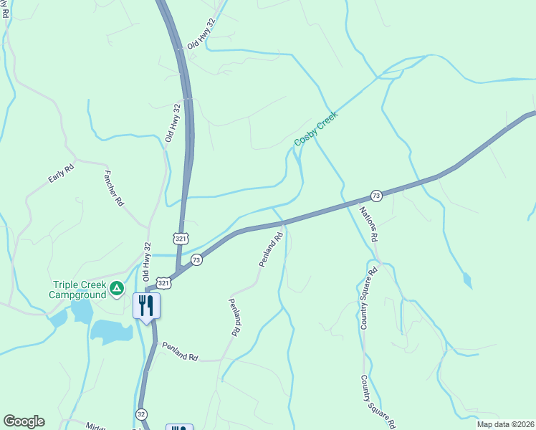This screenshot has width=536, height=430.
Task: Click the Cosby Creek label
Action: (316, 129)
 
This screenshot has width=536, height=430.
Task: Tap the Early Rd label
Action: (62, 174)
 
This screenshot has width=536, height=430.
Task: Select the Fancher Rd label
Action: (114, 188)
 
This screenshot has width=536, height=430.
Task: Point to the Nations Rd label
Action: (368, 224)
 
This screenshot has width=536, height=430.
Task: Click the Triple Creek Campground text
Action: (77, 290)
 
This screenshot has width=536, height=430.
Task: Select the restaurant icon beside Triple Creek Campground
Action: (146, 306)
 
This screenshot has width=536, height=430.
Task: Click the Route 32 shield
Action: (141, 414)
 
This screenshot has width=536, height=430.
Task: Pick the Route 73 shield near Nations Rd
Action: (376, 196)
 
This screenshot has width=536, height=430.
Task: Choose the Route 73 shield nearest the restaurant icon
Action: (196, 259)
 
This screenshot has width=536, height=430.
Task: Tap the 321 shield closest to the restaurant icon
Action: (164, 284)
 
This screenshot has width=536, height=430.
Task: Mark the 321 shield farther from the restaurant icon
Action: (181, 236)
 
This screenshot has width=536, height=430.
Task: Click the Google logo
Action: (24, 421)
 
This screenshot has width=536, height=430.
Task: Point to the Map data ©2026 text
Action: (504, 424)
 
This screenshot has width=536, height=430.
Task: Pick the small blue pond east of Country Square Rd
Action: (467, 279)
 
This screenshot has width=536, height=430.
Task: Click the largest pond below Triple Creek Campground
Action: (112, 332)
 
